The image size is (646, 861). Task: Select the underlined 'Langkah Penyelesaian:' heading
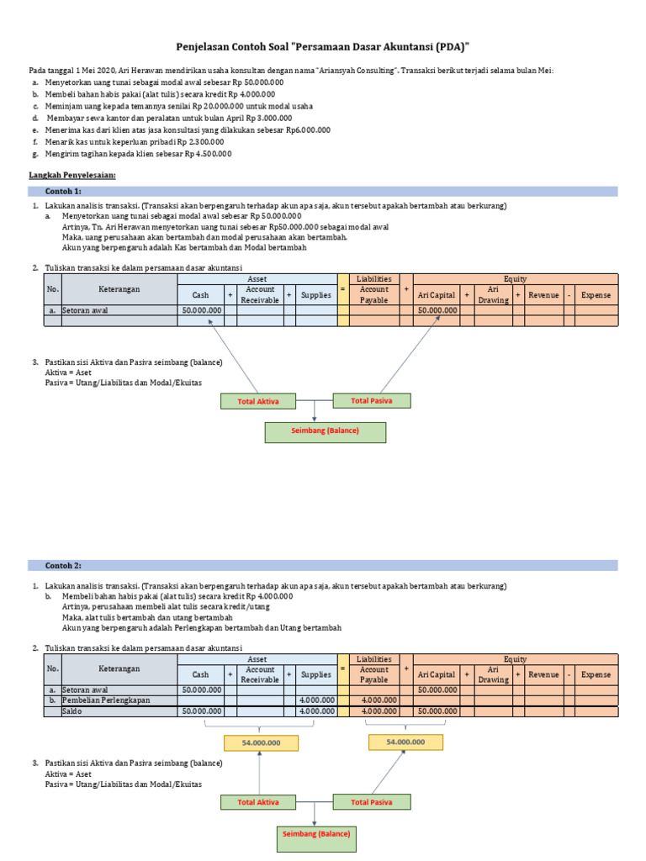tap(71, 174)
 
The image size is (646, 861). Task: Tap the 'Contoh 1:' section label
tap(64, 192)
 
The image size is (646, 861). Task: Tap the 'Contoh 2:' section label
tap(64, 566)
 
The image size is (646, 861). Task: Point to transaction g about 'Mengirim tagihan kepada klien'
tap(139, 154)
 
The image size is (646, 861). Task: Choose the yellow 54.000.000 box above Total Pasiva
tap(405, 742)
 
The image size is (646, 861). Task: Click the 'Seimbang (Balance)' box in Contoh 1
tap(325, 431)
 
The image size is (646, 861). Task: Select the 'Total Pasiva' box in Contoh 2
tap(371, 802)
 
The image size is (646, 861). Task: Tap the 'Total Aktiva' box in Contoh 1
tap(258, 401)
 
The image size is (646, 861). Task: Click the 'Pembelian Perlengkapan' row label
tap(106, 700)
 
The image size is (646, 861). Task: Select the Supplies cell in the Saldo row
tap(316, 711)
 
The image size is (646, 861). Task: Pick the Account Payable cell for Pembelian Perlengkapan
tap(373, 700)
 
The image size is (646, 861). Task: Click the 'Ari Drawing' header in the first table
tap(493, 295)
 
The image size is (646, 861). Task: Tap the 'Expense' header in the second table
tap(596, 674)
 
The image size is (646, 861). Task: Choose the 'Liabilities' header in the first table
tap(373, 278)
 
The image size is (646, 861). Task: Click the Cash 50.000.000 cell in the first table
tap(201, 310)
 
